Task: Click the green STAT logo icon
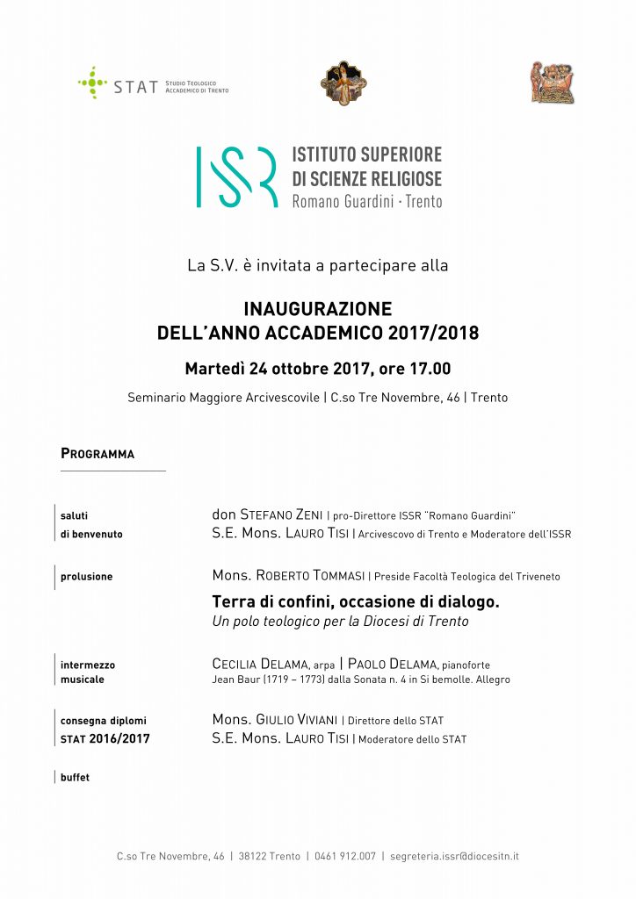(x=92, y=83)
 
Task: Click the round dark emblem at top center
(x=343, y=83)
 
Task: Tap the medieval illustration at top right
(x=552, y=83)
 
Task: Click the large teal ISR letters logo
(x=236, y=176)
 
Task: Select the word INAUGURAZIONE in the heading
(x=317, y=309)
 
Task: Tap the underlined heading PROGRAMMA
(x=98, y=454)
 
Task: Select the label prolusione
(x=86, y=577)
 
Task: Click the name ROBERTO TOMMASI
(x=312, y=576)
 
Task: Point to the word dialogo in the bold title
(x=466, y=602)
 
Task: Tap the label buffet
(x=75, y=777)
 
